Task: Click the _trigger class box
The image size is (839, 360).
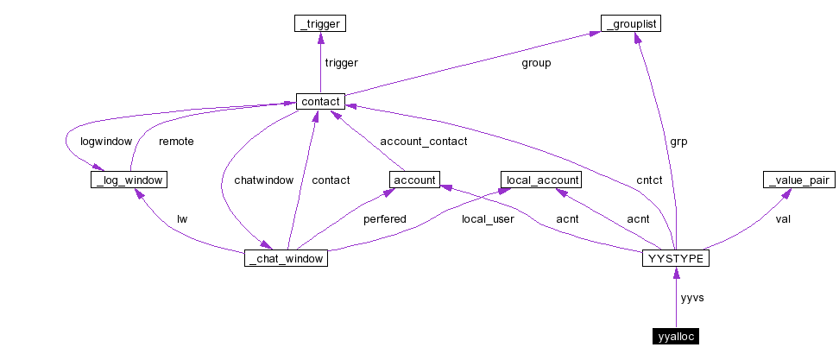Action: pyautogui.click(x=320, y=24)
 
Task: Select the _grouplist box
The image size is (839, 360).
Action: pyautogui.click(x=631, y=24)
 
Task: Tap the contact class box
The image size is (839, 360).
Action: pyautogui.click(x=320, y=102)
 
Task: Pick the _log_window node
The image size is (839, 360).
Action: pyautogui.click(x=128, y=180)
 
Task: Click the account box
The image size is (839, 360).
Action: pyautogui.click(x=415, y=180)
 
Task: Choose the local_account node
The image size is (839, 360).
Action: pyautogui.click(x=541, y=180)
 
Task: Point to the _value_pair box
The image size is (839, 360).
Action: pyautogui.click(x=798, y=180)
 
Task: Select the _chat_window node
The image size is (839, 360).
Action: pyautogui.click(x=286, y=257)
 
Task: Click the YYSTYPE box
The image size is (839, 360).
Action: pyautogui.click(x=676, y=257)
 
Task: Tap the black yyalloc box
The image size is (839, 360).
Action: pyautogui.click(x=675, y=336)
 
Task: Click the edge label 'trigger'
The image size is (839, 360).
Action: pyautogui.click(x=341, y=63)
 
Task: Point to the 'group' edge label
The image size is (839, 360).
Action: pyautogui.click(x=536, y=63)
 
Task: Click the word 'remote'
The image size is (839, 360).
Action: pyautogui.click(x=176, y=141)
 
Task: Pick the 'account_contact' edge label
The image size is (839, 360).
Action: pyautogui.click(x=424, y=141)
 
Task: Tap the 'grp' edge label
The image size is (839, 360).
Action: pyautogui.click(x=679, y=141)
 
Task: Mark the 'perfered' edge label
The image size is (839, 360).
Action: pyautogui.click(x=384, y=218)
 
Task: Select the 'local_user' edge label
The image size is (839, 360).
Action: pyautogui.click(x=488, y=218)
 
